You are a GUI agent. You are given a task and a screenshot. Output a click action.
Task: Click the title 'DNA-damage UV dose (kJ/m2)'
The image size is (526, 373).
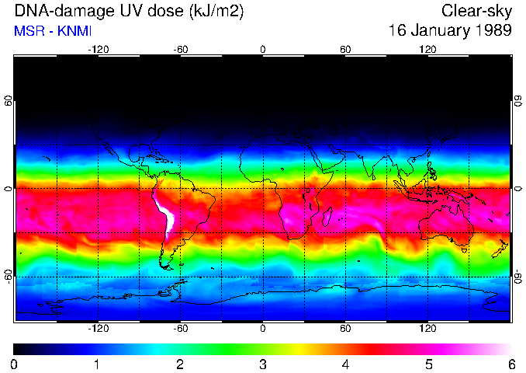(x=112, y=12)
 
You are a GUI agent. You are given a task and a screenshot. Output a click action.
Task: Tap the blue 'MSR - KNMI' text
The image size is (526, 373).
(x=51, y=31)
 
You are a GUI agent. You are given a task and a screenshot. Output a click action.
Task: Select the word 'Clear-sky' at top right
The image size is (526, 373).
(x=476, y=12)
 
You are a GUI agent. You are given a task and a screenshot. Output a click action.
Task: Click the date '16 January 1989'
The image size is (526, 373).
(x=450, y=31)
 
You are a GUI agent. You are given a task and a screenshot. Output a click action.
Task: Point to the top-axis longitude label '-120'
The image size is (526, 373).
(x=98, y=50)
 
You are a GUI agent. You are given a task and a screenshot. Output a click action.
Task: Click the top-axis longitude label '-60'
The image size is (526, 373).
(x=181, y=50)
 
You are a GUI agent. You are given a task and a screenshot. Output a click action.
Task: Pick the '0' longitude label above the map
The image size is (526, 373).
(x=263, y=50)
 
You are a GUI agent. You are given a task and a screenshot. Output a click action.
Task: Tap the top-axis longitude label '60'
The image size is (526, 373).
(x=345, y=50)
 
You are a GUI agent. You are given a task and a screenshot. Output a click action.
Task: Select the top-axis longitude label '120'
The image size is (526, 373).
(x=427, y=50)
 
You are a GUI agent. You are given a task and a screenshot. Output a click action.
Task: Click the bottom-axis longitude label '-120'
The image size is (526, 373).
(x=98, y=328)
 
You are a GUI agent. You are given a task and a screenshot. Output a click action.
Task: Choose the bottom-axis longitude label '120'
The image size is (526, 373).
(x=427, y=328)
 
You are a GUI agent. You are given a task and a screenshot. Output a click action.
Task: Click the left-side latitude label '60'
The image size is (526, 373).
(x=8, y=101)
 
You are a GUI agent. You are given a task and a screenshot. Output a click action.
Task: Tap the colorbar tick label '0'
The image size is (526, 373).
(x=15, y=364)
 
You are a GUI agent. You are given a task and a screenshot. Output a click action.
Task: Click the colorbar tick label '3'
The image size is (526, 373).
(x=263, y=364)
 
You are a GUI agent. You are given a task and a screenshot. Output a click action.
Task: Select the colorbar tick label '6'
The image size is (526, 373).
(x=510, y=364)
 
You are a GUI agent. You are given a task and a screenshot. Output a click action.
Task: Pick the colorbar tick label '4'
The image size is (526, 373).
(x=345, y=364)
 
